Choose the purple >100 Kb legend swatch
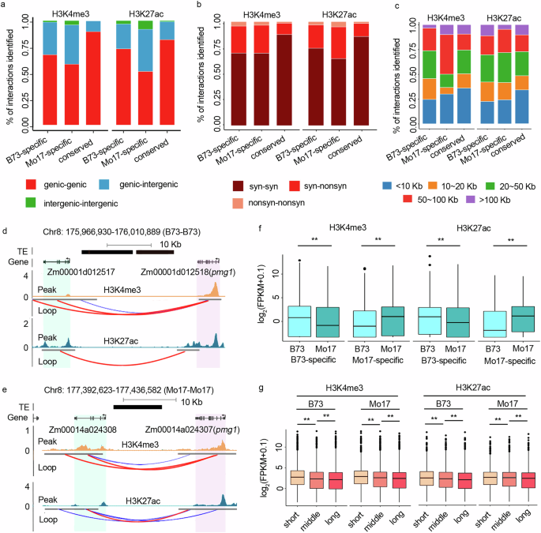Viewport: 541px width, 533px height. pos(461,202)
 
